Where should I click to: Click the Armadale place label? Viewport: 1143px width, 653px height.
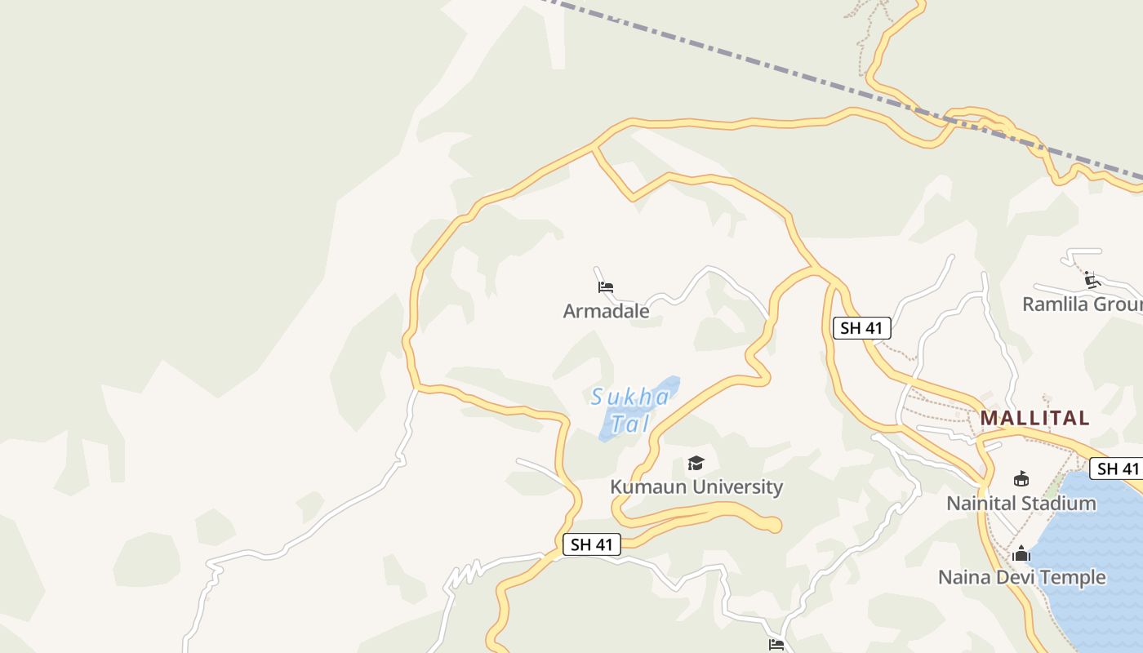(606, 311)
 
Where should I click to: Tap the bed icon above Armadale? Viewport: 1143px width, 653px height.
(606, 287)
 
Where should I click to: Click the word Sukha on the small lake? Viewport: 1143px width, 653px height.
(630, 398)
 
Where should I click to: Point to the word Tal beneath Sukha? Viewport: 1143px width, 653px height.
(629, 424)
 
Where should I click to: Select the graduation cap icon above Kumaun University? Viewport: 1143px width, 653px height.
(696, 463)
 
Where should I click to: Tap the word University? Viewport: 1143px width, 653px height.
(738, 487)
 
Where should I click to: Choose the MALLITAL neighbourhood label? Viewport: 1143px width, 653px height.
(1034, 418)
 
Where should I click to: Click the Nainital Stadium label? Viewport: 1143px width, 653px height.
(1021, 503)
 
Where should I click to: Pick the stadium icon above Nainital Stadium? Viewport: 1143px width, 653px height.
(1021, 478)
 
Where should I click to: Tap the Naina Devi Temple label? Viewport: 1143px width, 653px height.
(1021, 577)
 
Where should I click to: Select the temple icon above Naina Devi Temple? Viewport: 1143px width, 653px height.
(1021, 553)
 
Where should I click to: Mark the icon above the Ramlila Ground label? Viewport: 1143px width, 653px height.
(1092, 280)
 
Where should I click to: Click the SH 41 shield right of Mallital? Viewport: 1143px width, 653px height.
(1118, 469)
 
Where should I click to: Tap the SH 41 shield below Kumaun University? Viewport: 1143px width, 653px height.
(592, 544)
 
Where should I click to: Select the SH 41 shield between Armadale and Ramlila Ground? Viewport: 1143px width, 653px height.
(861, 328)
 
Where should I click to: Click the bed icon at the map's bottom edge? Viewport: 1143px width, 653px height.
(776, 644)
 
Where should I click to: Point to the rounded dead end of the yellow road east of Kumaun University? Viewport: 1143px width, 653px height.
(772, 525)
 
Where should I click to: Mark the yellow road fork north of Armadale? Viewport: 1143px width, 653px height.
(595, 148)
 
